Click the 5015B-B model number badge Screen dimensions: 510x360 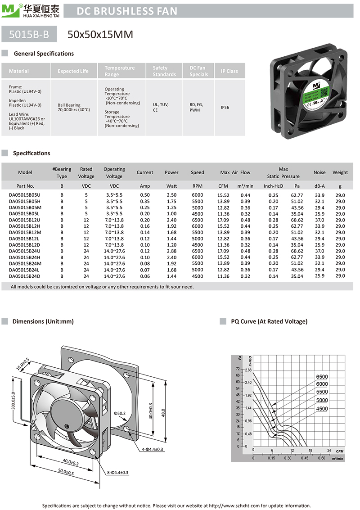point(29,34)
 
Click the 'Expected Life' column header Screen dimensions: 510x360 point(73,71)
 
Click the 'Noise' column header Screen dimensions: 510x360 point(319,172)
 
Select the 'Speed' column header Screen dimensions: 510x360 point(197,172)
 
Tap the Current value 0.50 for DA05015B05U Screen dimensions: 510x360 point(145,195)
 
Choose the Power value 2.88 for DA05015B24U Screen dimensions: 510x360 point(171,251)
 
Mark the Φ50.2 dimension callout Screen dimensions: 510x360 point(119,413)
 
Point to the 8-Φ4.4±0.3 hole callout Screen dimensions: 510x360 point(118,472)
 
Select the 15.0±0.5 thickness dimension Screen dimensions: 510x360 point(23,364)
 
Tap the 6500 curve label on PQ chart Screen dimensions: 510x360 point(322,377)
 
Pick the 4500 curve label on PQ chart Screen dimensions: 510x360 point(322,409)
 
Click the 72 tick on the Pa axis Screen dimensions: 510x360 point(238,369)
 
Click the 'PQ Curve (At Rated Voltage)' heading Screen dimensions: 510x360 point(269,321)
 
